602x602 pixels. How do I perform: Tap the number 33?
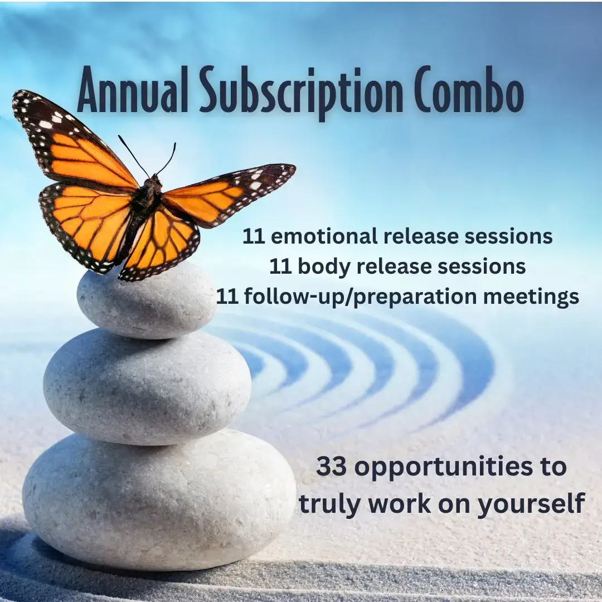point(333,467)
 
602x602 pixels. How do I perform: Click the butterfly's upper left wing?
point(72,139)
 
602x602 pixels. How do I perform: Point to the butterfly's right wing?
point(229,192)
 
